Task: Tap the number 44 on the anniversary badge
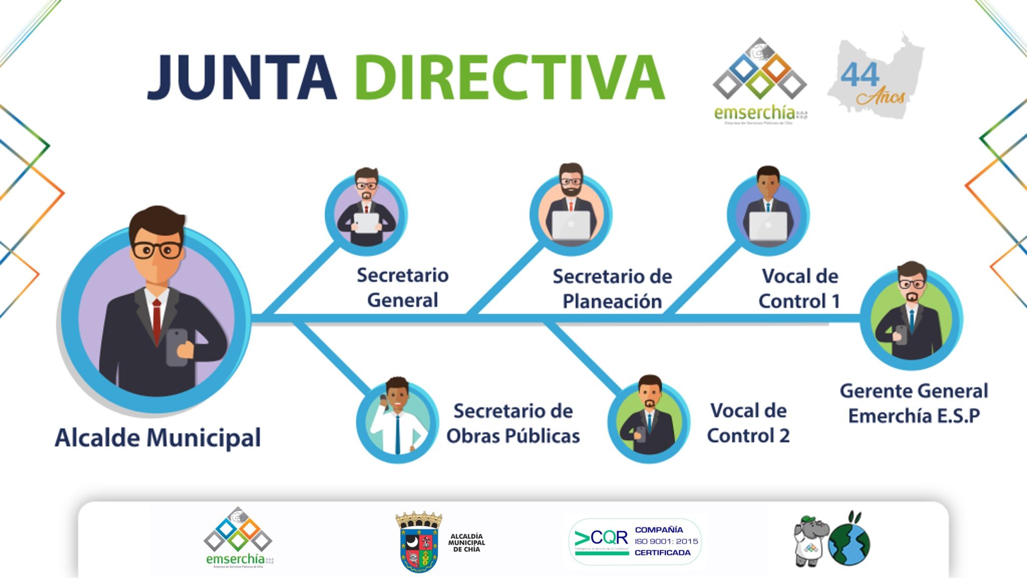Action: coord(860,75)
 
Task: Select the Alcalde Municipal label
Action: coord(157,438)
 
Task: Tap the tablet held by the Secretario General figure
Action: coord(367,223)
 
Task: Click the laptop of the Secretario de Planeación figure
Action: coord(571,225)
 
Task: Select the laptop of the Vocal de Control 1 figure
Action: coord(768,226)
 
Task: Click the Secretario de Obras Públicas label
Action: coord(513,424)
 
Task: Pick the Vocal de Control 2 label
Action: coord(748,424)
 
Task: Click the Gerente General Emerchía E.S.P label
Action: coord(914,404)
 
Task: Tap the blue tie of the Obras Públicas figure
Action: coord(397,434)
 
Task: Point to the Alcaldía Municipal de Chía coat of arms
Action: coord(419,542)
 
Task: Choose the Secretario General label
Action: coord(402,288)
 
